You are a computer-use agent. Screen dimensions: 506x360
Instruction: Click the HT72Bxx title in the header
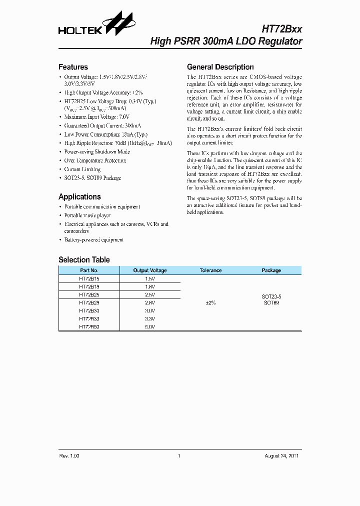point(282,29)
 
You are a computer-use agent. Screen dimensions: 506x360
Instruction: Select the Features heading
point(73,67)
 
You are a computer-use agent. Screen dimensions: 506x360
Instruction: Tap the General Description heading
point(220,67)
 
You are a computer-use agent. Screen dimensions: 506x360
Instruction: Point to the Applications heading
point(79,197)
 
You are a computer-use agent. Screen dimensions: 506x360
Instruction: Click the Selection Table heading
point(84,260)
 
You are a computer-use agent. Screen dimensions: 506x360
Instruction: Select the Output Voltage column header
point(150,270)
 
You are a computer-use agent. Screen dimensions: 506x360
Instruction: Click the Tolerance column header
point(210,270)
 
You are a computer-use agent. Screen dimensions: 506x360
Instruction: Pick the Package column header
point(271,270)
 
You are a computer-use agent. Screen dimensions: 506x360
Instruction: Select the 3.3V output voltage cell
point(150,318)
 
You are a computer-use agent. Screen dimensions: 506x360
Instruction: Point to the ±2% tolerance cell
point(210,302)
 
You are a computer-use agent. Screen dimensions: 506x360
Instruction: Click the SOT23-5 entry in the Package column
point(271,296)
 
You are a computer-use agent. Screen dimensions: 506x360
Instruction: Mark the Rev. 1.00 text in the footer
point(69,456)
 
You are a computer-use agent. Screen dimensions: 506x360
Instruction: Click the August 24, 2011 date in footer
point(281,456)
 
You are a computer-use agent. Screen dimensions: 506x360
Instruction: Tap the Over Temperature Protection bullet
point(95,160)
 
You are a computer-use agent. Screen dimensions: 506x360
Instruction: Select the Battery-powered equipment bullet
point(93,240)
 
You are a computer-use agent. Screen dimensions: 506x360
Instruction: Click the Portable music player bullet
point(87,215)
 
